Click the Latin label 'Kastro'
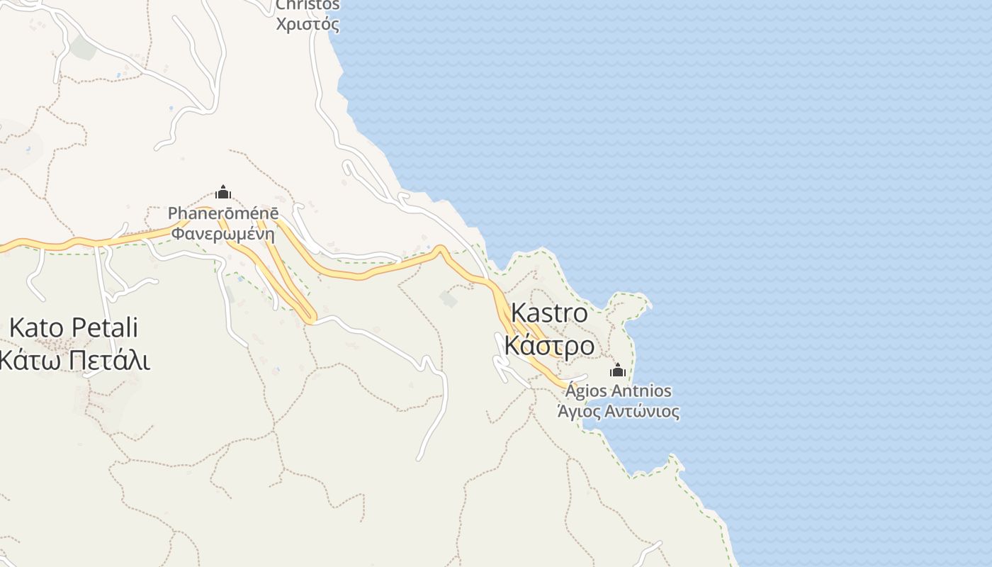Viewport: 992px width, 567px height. click(549, 313)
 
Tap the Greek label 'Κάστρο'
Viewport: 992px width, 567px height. click(549, 346)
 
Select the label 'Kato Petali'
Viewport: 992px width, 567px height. click(74, 328)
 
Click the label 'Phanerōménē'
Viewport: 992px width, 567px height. click(223, 213)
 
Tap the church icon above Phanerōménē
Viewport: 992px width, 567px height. click(223, 192)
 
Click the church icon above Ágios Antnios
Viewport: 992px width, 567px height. click(618, 370)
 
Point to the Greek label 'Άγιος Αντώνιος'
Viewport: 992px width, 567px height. click(618, 412)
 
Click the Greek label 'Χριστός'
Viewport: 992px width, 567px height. click(308, 24)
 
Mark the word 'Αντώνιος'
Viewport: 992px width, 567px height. click(643, 412)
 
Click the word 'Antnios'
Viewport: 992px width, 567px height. click(641, 391)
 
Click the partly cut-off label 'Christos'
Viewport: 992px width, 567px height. click(308, 5)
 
